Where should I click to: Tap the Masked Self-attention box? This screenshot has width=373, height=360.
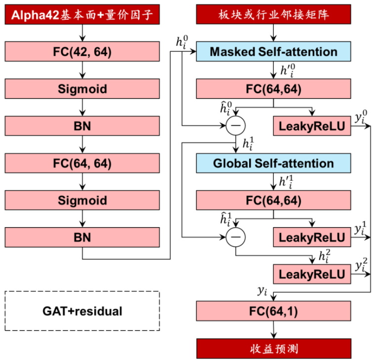[x=274, y=52]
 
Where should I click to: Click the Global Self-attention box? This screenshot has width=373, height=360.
[x=274, y=163]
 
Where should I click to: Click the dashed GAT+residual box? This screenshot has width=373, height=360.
[x=82, y=311]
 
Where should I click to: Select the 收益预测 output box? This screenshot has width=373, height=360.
[x=274, y=349]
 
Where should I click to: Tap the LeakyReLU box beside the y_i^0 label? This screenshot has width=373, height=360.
[x=312, y=126]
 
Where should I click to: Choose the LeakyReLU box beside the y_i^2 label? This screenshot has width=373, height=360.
[x=312, y=274]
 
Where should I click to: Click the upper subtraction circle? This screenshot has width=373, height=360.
[x=235, y=126]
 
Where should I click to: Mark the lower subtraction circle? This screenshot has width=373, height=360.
[x=235, y=238]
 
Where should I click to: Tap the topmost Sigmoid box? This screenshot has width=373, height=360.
[x=82, y=89]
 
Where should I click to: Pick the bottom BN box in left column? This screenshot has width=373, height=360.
[x=82, y=237]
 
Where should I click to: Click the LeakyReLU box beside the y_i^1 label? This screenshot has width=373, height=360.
[x=312, y=238]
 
